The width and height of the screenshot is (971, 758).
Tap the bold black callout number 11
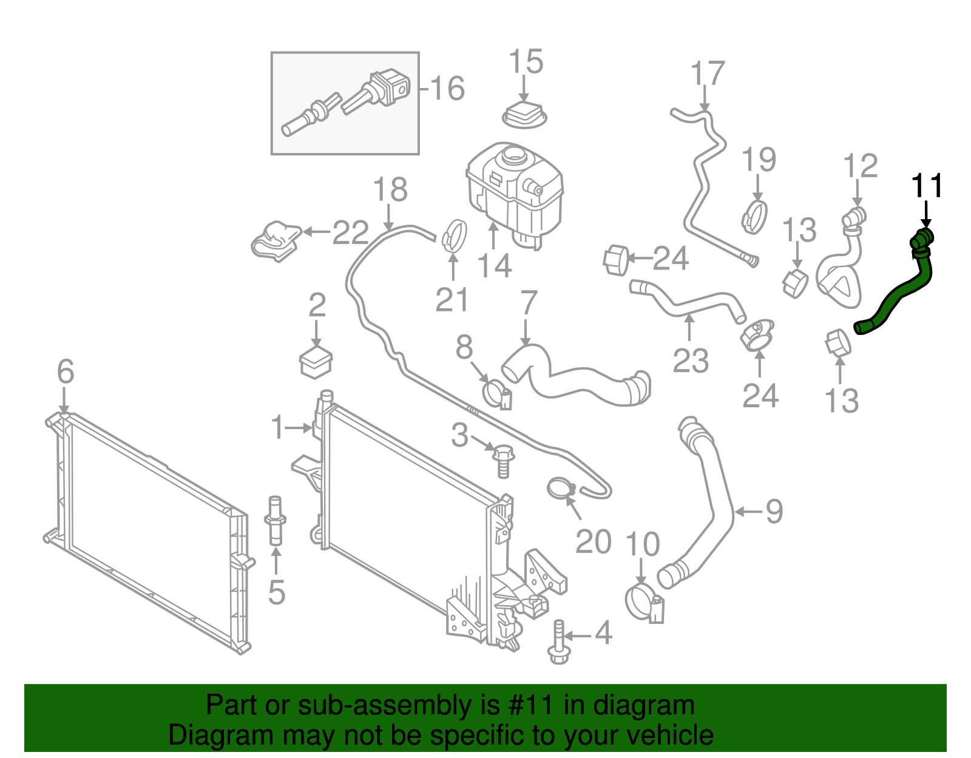click(x=927, y=186)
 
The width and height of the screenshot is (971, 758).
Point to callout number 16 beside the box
click(x=448, y=89)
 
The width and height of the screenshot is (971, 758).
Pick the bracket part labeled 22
click(x=277, y=240)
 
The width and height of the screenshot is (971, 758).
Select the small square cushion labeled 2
click(x=316, y=363)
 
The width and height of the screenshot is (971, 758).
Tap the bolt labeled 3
click(x=503, y=461)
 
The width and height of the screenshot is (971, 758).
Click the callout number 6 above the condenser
click(x=65, y=371)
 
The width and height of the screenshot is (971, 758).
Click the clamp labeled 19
click(x=755, y=216)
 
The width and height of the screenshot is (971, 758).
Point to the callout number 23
click(x=691, y=360)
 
